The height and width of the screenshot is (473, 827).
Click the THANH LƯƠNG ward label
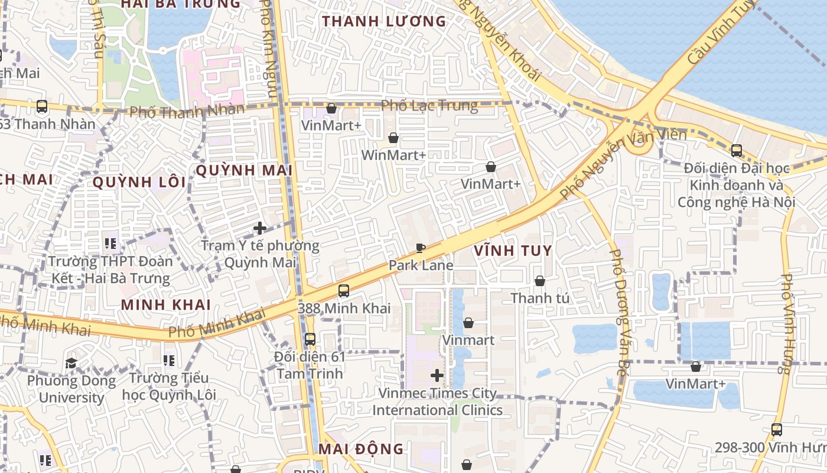click(384, 22)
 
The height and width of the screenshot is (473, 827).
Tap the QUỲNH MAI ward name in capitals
click(244, 170)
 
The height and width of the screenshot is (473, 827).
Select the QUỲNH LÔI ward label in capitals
click(139, 182)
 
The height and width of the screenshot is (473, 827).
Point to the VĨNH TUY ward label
click(513, 250)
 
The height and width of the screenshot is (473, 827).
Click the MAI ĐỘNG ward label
click(361, 449)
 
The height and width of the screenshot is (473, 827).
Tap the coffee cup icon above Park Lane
click(420, 248)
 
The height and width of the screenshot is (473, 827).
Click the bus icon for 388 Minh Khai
click(344, 291)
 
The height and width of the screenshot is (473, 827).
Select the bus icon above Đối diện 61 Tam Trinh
click(310, 339)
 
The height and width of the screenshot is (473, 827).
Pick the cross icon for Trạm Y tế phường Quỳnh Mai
click(260, 228)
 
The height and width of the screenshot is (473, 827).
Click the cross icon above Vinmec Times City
click(437, 375)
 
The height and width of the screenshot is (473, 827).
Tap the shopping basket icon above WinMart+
click(393, 138)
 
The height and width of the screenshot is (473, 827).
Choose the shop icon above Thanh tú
click(540, 281)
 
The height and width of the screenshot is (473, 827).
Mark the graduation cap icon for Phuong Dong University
click(71, 363)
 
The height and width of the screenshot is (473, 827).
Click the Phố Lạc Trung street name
click(429, 106)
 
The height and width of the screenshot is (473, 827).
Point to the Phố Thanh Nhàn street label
click(187, 111)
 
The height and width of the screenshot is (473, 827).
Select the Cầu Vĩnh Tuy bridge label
click(721, 33)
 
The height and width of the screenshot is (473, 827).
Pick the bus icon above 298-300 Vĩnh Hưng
click(777, 430)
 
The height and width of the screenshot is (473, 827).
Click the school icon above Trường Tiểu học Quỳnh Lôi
click(169, 360)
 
